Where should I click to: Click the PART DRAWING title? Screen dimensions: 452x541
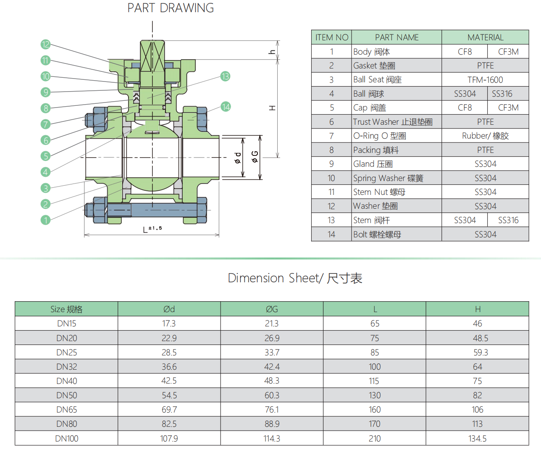pyautogui.click(x=171, y=8)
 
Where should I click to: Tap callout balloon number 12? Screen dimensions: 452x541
pyautogui.click(x=45, y=45)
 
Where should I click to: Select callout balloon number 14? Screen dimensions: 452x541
pyautogui.click(x=226, y=107)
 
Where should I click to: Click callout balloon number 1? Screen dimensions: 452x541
pyautogui.click(x=45, y=220)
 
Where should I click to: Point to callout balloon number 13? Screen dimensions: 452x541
pyautogui.click(x=226, y=76)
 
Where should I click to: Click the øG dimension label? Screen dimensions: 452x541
pyautogui.click(x=255, y=157)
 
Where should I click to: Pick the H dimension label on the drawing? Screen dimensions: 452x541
pyautogui.click(x=272, y=108)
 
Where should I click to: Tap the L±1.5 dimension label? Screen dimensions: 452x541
pyautogui.click(x=152, y=229)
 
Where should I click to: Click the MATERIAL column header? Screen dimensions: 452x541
pyautogui.click(x=485, y=37)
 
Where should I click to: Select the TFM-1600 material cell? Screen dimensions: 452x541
pyautogui.click(x=485, y=80)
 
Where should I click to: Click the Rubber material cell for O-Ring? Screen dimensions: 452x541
pyautogui.click(x=485, y=136)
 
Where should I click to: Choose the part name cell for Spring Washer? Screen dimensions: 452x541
pyautogui.click(x=388, y=178)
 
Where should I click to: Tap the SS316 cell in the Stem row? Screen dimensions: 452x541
pyautogui.click(x=508, y=220)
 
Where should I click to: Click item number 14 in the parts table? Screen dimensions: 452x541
pyautogui.click(x=331, y=234)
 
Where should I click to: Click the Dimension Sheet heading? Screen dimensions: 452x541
pyautogui.click(x=295, y=278)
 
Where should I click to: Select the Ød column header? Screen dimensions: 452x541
pyautogui.click(x=169, y=309)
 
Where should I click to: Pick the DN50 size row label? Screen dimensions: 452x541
pyautogui.click(x=67, y=395)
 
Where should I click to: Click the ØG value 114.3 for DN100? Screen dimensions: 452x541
pyautogui.click(x=272, y=439)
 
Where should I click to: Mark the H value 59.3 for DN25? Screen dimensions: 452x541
pyautogui.click(x=478, y=352)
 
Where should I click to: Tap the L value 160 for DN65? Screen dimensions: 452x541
pyautogui.click(x=375, y=410)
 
